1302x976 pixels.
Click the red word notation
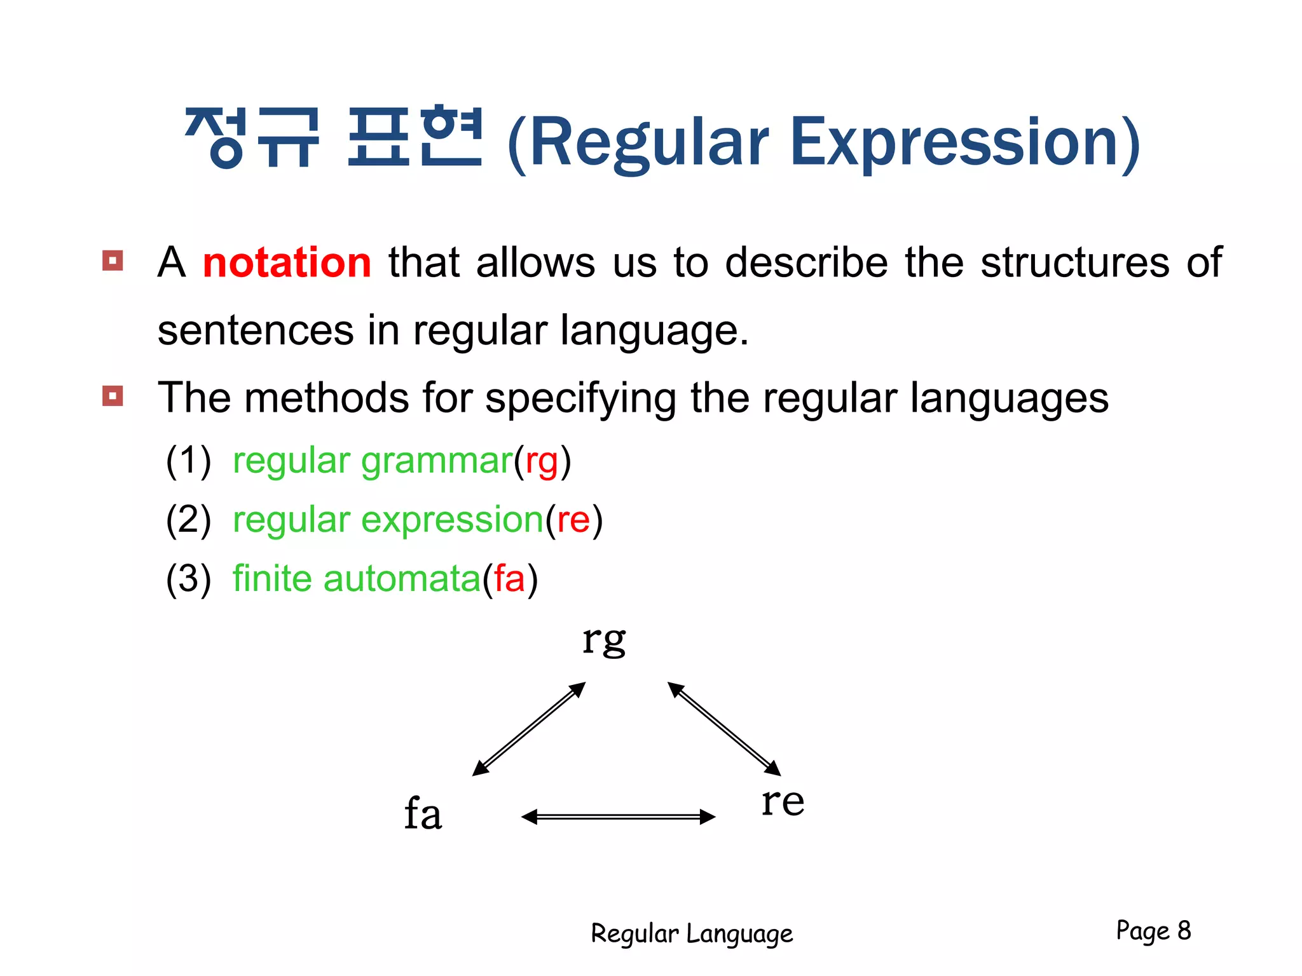point(287,263)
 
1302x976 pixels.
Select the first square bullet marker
point(113,261)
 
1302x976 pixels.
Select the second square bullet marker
point(113,396)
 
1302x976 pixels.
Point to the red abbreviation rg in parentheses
point(542,461)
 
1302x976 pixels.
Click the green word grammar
point(437,461)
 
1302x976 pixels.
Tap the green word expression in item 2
point(452,520)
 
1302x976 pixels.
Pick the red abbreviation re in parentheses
point(573,520)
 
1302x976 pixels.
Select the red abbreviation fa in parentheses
point(509,579)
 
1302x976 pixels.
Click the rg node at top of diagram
point(604,640)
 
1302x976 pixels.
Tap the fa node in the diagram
point(423,814)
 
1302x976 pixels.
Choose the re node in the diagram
point(783,801)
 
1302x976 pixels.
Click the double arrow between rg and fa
point(529,729)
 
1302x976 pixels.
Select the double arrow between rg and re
point(724,729)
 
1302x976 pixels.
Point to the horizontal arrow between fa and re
point(618,817)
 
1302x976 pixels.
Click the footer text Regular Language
point(692,934)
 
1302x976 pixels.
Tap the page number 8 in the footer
point(1184,930)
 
